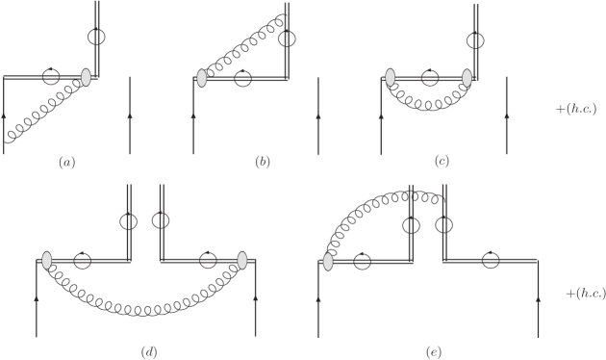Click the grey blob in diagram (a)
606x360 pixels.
pyautogui.click(x=87, y=75)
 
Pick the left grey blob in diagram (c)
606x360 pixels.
pyautogui.click(x=391, y=77)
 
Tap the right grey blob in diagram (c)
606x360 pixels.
pyautogui.click(x=467, y=77)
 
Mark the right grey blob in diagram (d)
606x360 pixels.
pyautogui.click(x=242, y=261)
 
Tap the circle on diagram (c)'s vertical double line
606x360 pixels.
pyautogui.click(x=476, y=39)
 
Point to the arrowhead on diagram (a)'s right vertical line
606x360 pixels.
pyautogui.click(x=129, y=115)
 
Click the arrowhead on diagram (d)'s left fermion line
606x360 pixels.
pyautogui.click(x=37, y=299)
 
